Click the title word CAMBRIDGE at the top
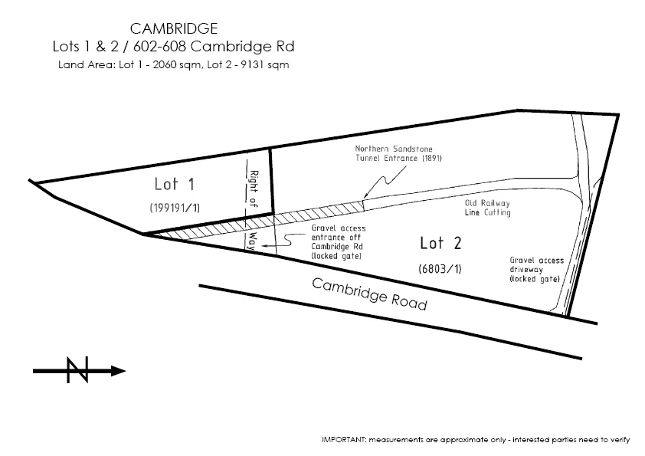173,28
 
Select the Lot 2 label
440,244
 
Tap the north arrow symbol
78,370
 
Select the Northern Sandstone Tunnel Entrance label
398,153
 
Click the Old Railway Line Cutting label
488,208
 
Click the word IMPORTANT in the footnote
344,440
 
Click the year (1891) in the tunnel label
429,159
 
